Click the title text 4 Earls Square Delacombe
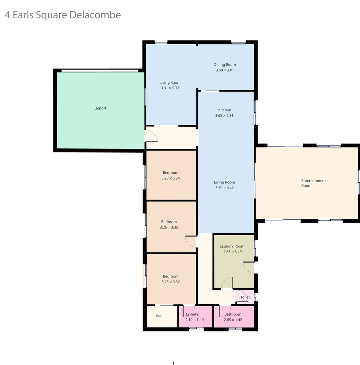coord(63,15)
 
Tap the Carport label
coord(100,108)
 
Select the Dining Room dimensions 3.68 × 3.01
coord(225,70)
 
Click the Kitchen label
coord(225,110)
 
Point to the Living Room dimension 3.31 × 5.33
coord(170,88)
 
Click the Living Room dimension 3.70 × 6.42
coord(224,188)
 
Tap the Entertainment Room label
coord(313,183)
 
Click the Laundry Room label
coord(232,246)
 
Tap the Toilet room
coord(245,297)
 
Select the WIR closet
coord(159,316)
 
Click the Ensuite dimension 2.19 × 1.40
coord(194,320)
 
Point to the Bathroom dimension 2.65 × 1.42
coord(233,320)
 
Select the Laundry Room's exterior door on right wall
coord(249,267)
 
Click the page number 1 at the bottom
coord(174,363)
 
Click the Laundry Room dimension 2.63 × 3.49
coord(232,252)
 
